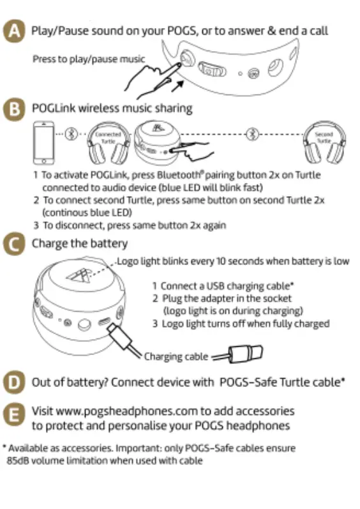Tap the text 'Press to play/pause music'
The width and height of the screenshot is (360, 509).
click(x=89, y=59)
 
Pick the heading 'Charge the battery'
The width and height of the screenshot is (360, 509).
click(x=80, y=243)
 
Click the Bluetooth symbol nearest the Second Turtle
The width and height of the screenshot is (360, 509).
click(x=253, y=134)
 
